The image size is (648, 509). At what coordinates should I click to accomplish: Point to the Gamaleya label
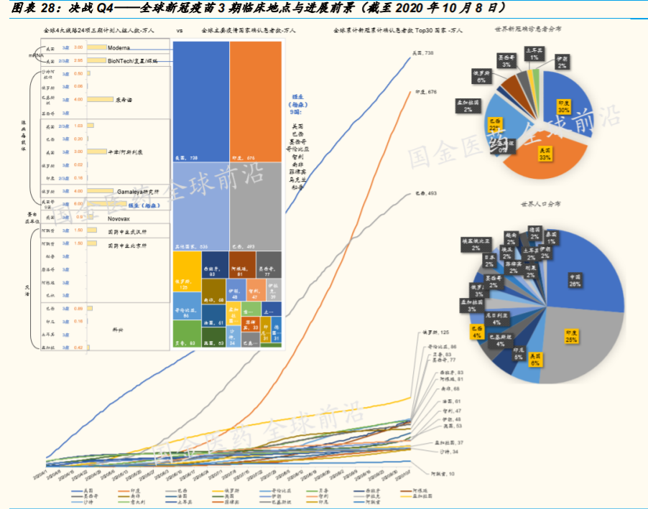coord(126,191)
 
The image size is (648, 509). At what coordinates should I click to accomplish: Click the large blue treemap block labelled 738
coord(201,101)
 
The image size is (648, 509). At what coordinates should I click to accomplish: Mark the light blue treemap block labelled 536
coord(201,205)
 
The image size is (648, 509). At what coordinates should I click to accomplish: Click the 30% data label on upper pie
coord(564,107)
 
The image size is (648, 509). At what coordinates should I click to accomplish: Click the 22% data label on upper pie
coord(495,123)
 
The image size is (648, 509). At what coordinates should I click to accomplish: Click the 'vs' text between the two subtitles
coord(179,31)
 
